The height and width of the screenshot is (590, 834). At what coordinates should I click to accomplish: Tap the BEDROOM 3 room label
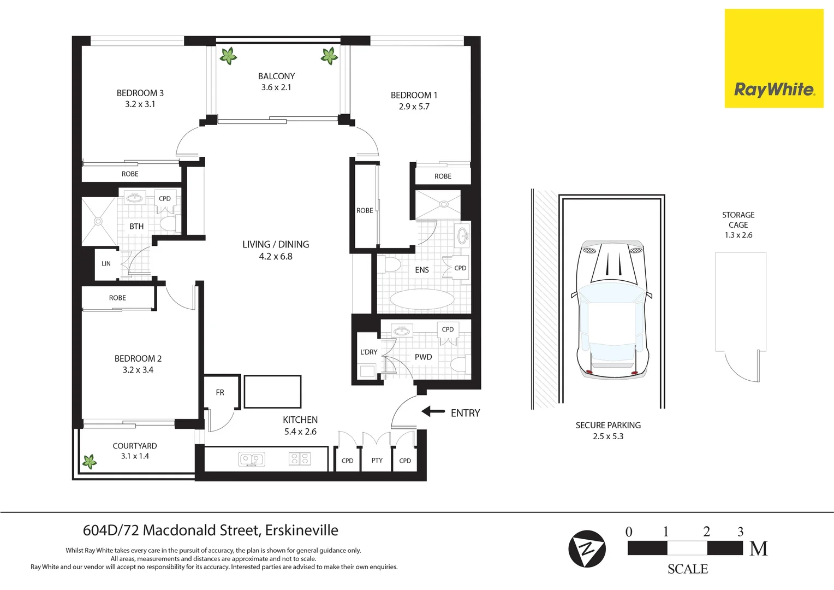coord(140,93)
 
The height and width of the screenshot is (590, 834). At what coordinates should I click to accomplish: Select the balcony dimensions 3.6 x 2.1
coord(276,87)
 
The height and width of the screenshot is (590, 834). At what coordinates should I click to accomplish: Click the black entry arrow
coord(433,411)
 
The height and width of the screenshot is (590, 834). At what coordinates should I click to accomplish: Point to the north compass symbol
coord(587,548)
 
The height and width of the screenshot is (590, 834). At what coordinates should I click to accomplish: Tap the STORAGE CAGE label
coord(738,220)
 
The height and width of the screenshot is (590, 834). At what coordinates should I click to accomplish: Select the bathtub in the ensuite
coord(422,299)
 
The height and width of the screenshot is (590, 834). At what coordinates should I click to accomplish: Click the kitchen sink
coord(252,459)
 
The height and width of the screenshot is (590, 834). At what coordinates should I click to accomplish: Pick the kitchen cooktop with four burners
coord(299,459)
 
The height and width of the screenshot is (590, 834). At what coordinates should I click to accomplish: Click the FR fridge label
coord(220,392)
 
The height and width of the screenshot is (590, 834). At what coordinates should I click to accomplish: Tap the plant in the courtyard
coord(90,462)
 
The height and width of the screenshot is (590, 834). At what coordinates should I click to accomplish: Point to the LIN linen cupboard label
coord(106,263)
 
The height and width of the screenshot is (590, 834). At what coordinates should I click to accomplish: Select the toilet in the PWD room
coord(458,364)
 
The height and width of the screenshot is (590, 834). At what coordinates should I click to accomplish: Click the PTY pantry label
coord(377,461)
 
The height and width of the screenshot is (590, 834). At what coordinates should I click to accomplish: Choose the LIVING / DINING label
coord(276,244)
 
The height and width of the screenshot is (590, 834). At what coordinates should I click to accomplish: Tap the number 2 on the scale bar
coord(706,532)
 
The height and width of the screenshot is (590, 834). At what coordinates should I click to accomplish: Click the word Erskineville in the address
coord(301,530)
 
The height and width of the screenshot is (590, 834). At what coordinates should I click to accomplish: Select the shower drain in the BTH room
coord(98,221)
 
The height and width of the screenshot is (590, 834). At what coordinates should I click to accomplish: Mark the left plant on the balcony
coord(228,55)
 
